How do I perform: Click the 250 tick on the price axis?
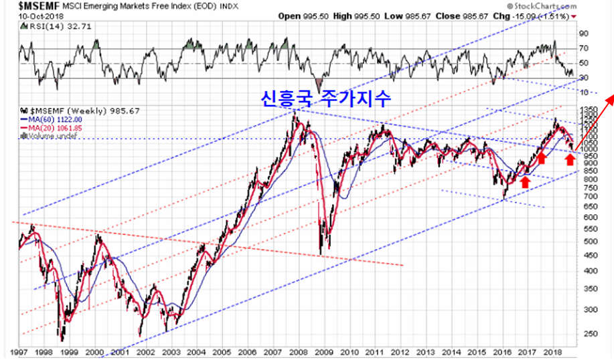[587, 334]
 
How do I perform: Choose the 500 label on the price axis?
[587, 241]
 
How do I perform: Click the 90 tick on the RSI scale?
[584, 33]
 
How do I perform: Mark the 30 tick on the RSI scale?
[584, 78]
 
